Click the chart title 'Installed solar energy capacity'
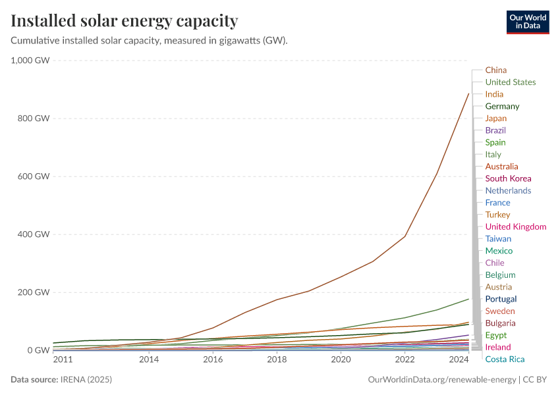click(124, 21)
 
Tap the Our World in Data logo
click(527, 22)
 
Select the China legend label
click(495, 70)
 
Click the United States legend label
click(510, 82)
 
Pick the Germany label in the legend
click(502, 106)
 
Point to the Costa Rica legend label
click(505, 359)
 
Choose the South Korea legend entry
click(508, 178)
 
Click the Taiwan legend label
click(498, 239)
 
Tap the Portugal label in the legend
click(501, 299)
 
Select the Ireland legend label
click(497, 347)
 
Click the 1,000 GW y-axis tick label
click(30, 61)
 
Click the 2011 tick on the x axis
click(63, 360)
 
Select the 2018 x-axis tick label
click(277, 360)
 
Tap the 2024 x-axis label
click(458, 360)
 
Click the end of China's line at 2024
click(468, 93)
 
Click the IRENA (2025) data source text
click(87, 380)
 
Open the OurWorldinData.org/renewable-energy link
click(441, 380)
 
